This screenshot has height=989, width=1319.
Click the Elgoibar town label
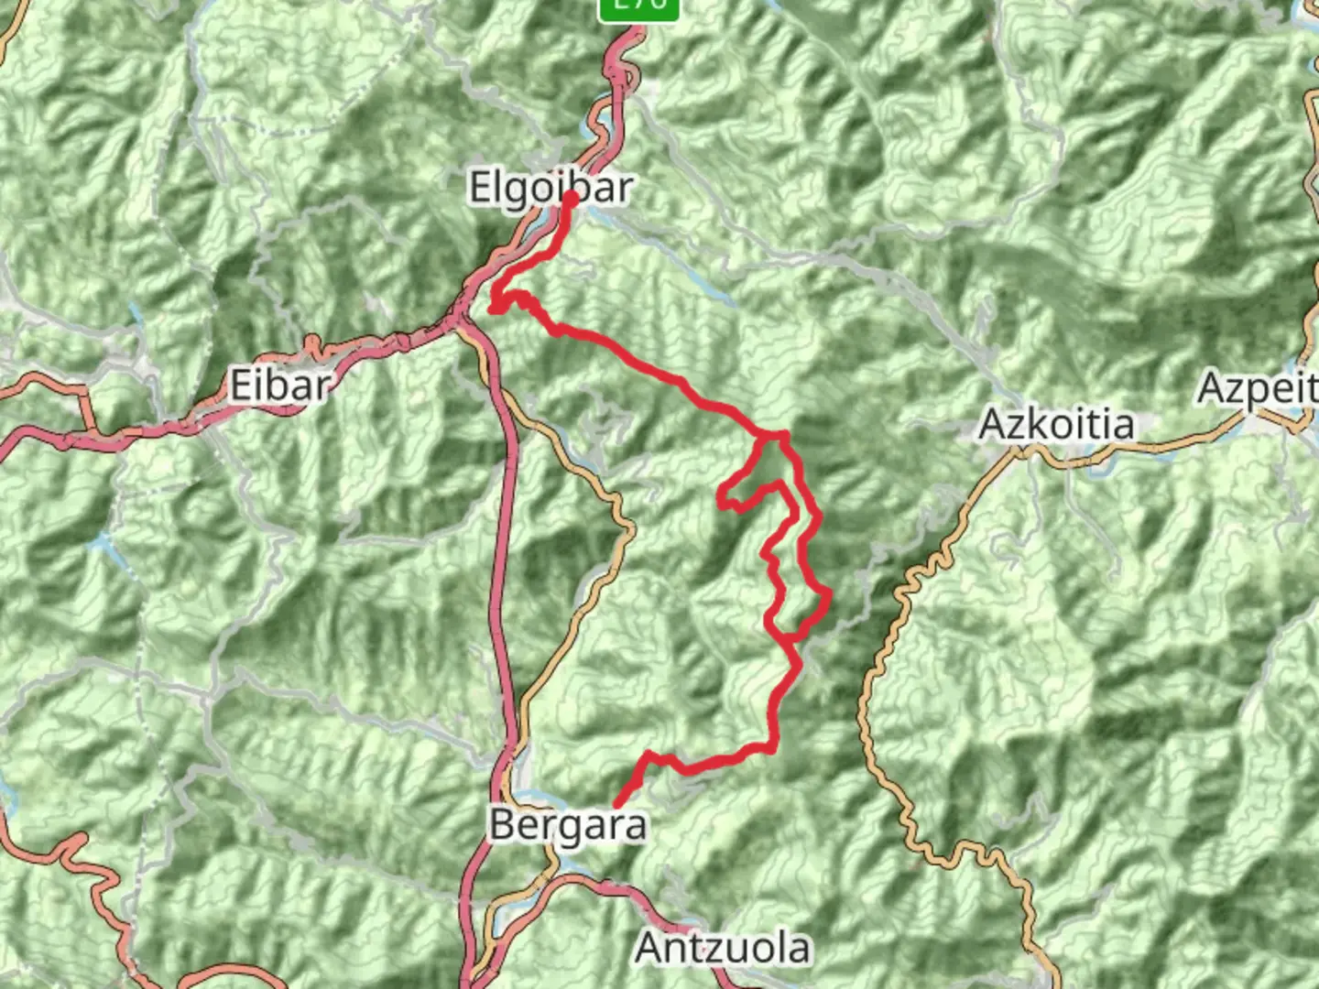point(550,189)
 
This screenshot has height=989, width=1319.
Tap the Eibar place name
point(279,386)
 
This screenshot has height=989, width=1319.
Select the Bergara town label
point(568,825)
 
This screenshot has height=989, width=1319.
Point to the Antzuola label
point(723,948)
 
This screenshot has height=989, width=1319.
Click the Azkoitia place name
point(1056,425)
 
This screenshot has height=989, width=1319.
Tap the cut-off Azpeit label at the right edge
point(1258,389)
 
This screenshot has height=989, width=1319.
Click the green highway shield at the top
point(638,7)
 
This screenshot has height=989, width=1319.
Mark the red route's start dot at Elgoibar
point(570,198)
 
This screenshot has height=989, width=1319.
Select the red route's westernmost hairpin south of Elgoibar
point(494,309)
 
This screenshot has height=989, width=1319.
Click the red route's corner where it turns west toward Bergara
point(774,748)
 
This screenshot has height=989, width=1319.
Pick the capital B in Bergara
point(503,825)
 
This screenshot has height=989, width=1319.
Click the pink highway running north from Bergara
point(503,549)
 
